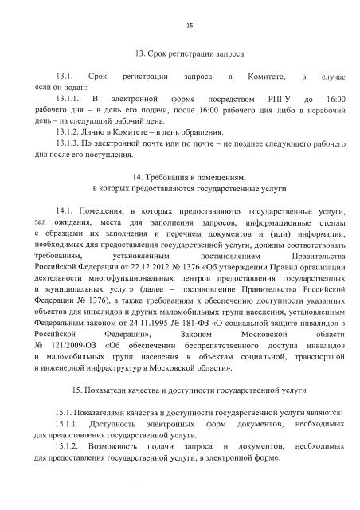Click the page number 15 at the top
[x=190, y=26]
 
